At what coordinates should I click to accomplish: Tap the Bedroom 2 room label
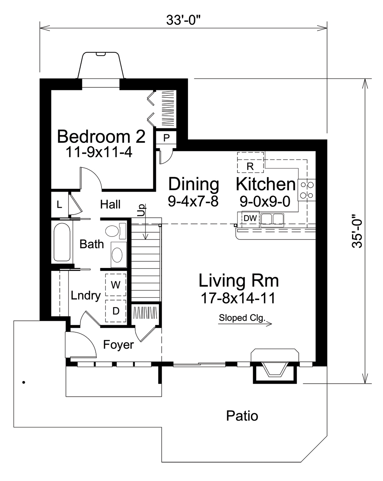[x=101, y=136]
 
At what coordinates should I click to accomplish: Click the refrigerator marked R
[x=250, y=166]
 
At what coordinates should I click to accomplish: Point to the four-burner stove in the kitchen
[x=306, y=190]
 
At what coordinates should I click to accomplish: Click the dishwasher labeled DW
[x=250, y=218]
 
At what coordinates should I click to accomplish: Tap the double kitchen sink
[x=272, y=219]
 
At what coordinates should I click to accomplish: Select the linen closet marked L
[x=59, y=205]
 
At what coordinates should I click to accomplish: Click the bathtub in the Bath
[x=62, y=242]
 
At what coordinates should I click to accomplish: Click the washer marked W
[x=115, y=285]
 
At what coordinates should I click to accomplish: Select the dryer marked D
[x=115, y=311]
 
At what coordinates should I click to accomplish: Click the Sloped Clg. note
[x=242, y=318]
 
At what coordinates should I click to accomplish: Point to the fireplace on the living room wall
[x=274, y=364]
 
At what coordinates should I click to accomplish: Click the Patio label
[x=242, y=415]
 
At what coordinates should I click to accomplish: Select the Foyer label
[x=118, y=345]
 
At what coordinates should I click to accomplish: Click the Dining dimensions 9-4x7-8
[x=193, y=201]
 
